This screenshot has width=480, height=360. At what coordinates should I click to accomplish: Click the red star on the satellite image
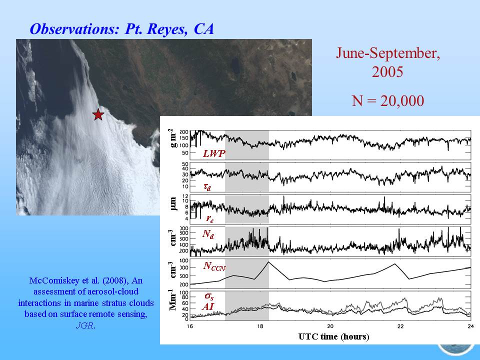[x=98, y=114]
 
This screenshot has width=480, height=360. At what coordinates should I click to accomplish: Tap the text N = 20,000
[x=388, y=100]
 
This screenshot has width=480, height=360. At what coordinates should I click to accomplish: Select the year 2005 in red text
[x=387, y=72]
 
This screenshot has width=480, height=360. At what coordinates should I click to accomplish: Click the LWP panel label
[x=214, y=153]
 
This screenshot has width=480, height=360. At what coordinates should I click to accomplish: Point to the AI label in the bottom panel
[x=208, y=306]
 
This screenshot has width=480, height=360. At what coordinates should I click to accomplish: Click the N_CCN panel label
[x=214, y=266]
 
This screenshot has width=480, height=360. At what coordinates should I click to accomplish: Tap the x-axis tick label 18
[x=260, y=326]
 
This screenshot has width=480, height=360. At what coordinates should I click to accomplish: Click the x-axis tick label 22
[x=400, y=326]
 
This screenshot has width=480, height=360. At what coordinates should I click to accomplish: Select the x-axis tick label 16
[x=190, y=326]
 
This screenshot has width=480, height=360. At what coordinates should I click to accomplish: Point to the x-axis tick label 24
[x=471, y=326]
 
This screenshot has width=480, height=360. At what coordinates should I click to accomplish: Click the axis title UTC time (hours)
[x=333, y=336]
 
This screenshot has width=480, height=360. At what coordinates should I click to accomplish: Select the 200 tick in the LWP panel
[x=184, y=132]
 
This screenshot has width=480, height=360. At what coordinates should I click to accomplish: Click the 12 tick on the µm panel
[x=185, y=196]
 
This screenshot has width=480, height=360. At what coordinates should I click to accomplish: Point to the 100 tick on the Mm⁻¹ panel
[x=184, y=292]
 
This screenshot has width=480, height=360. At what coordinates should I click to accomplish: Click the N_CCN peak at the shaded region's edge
[x=268, y=261]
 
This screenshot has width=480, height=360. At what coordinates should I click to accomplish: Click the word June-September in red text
[x=388, y=53]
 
